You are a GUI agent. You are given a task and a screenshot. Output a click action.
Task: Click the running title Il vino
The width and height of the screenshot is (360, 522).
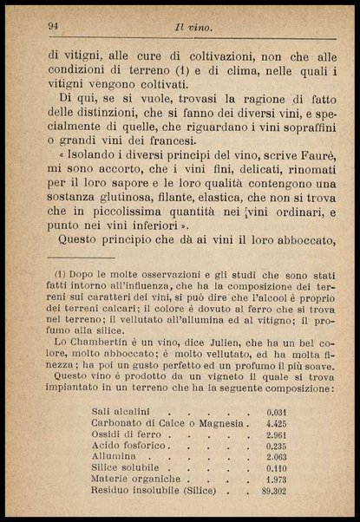(x=193, y=28)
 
